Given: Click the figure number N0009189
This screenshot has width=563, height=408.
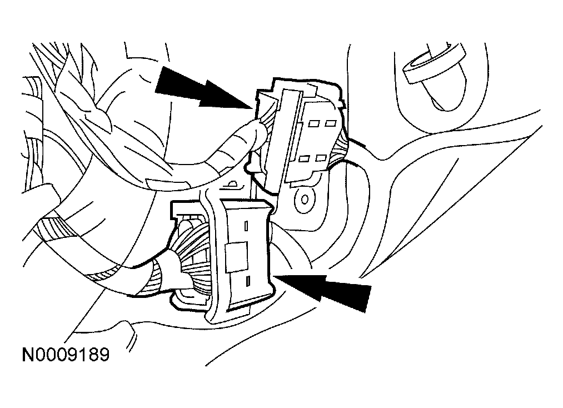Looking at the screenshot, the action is pyautogui.click(x=66, y=355).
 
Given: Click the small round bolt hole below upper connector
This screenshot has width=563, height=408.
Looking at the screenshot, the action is pyautogui.click(x=305, y=199).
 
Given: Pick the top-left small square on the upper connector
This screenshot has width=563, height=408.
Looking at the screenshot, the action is pyautogui.click(x=315, y=124).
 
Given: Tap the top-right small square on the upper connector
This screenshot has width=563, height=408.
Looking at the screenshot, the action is pyautogui.click(x=331, y=124).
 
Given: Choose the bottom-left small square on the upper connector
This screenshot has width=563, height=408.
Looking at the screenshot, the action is pyautogui.click(x=305, y=158).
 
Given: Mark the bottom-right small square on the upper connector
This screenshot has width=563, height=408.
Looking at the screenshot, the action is pyautogui.click(x=321, y=158).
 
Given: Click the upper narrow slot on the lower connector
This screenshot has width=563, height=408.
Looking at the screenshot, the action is pyautogui.click(x=246, y=226).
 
